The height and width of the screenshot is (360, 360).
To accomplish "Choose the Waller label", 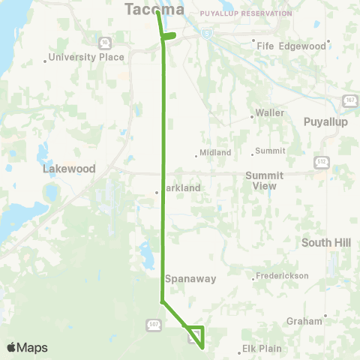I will [x=269, y=112].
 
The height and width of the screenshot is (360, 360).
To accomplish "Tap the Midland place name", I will [x=214, y=152].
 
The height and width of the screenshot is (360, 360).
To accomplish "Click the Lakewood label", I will [x=69, y=169].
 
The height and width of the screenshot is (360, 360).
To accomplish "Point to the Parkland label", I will [x=181, y=188].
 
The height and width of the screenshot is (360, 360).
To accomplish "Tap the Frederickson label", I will [x=281, y=276].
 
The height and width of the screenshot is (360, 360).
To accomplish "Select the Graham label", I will [x=304, y=321].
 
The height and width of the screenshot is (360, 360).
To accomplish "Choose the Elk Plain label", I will [x=262, y=349].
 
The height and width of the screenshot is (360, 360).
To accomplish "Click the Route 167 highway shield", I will [x=349, y=101].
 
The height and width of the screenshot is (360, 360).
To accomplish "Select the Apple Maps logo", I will [x=27, y=347].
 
